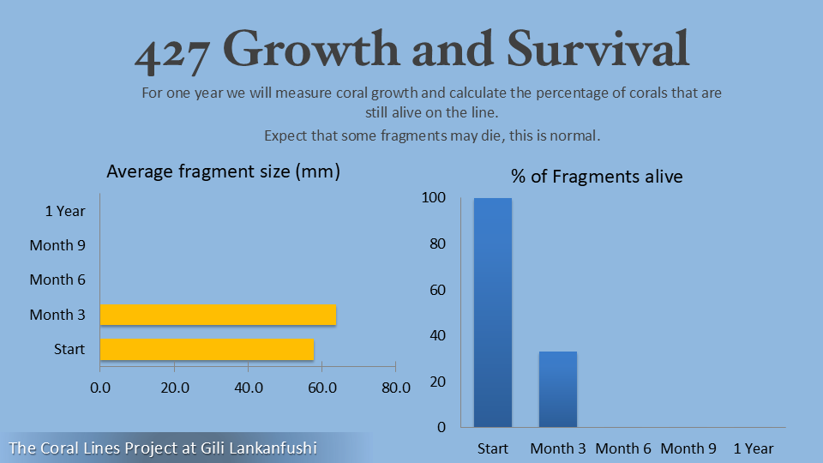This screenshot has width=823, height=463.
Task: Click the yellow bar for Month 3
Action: click(x=218, y=315)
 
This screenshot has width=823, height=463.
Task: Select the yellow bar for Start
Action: click(x=207, y=349)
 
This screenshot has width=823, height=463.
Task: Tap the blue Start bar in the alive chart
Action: click(x=493, y=312)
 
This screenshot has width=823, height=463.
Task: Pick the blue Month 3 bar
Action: click(x=558, y=389)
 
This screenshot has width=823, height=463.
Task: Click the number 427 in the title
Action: click(x=172, y=52)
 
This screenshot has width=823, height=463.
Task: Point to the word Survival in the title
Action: click(x=598, y=49)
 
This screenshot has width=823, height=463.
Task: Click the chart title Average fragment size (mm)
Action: click(x=223, y=171)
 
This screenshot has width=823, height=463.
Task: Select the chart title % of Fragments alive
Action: click(x=597, y=177)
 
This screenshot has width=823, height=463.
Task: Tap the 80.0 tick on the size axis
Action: click(x=396, y=388)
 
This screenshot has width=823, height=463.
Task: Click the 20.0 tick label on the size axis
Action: click(x=175, y=388)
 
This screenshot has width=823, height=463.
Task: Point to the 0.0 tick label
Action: click(x=100, y=388)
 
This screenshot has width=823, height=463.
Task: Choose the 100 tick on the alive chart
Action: click(x=434, y=197)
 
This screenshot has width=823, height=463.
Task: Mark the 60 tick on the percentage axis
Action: click(x=438, y=290)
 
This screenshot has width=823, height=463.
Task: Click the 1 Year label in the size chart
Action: click(x=65, y=211)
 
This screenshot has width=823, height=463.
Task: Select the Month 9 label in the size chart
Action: click(x=57, y=245)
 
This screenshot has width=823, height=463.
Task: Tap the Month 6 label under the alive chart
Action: click(x=623, y=448)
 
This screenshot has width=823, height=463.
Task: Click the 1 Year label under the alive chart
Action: click(x=754, y=448)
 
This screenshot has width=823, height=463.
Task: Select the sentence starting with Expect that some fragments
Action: click(x=432, y=136)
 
